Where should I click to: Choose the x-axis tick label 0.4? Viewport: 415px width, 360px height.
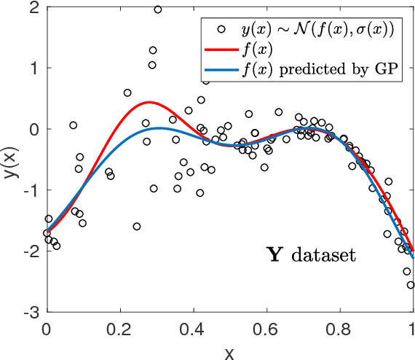pyautogui.click(x=193, y=326)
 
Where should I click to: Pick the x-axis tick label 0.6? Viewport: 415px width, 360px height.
pyautogui.click(x=266, y=326)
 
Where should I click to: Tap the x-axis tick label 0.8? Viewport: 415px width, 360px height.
pyautogui.click(x=339, y=326)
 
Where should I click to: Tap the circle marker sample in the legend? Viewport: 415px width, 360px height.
pyautogui.click(x=218, y=29)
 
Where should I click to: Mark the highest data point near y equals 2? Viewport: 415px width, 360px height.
pyautogui.click(x=158, y=9)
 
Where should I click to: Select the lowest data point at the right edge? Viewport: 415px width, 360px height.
pyautogui.click(x=411, y=285)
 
